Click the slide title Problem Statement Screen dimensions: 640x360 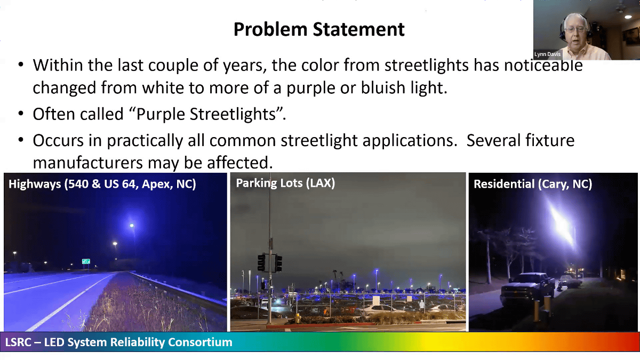point(319,29)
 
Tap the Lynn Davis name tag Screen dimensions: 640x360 point(547,54)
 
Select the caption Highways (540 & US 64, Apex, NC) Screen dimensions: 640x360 point(102,184)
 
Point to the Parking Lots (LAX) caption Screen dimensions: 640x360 point(285,183)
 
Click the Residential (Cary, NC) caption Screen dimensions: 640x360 point(533,184)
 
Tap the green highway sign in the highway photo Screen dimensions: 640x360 point(86,261)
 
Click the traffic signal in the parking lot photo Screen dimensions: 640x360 point(269,262)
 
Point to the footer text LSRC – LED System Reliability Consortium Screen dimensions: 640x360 point(119,342)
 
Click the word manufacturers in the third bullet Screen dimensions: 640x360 point(87,163)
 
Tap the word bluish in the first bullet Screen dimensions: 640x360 point(383,87)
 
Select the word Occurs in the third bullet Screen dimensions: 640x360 point(59,141)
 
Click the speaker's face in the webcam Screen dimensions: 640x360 point(575,29)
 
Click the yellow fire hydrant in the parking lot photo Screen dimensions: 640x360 point(298,318)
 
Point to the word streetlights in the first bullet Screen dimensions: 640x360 point(427,65)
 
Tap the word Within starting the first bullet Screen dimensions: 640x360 point(58,65)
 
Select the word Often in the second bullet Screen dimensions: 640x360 point(54,114)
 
